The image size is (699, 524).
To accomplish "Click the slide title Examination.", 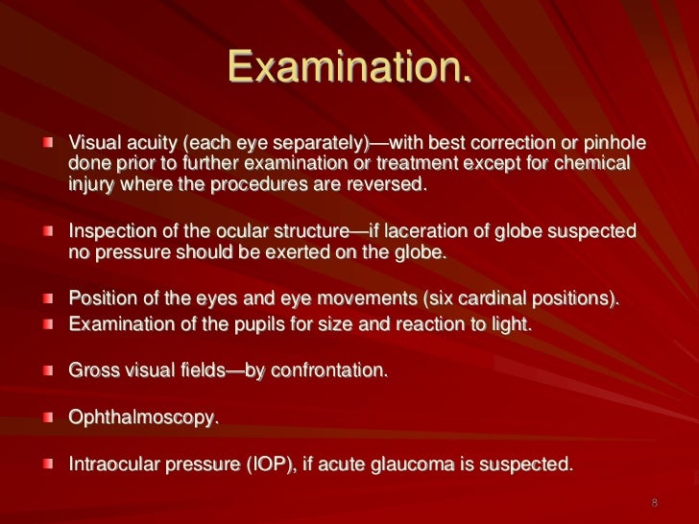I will coord(349,66).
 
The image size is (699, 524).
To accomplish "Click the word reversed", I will coord(386,185).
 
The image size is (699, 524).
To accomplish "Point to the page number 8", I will coord(654,502).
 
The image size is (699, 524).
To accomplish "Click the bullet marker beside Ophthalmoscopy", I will coord(47,417).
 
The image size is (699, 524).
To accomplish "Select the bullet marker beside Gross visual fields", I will coord(47,369).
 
